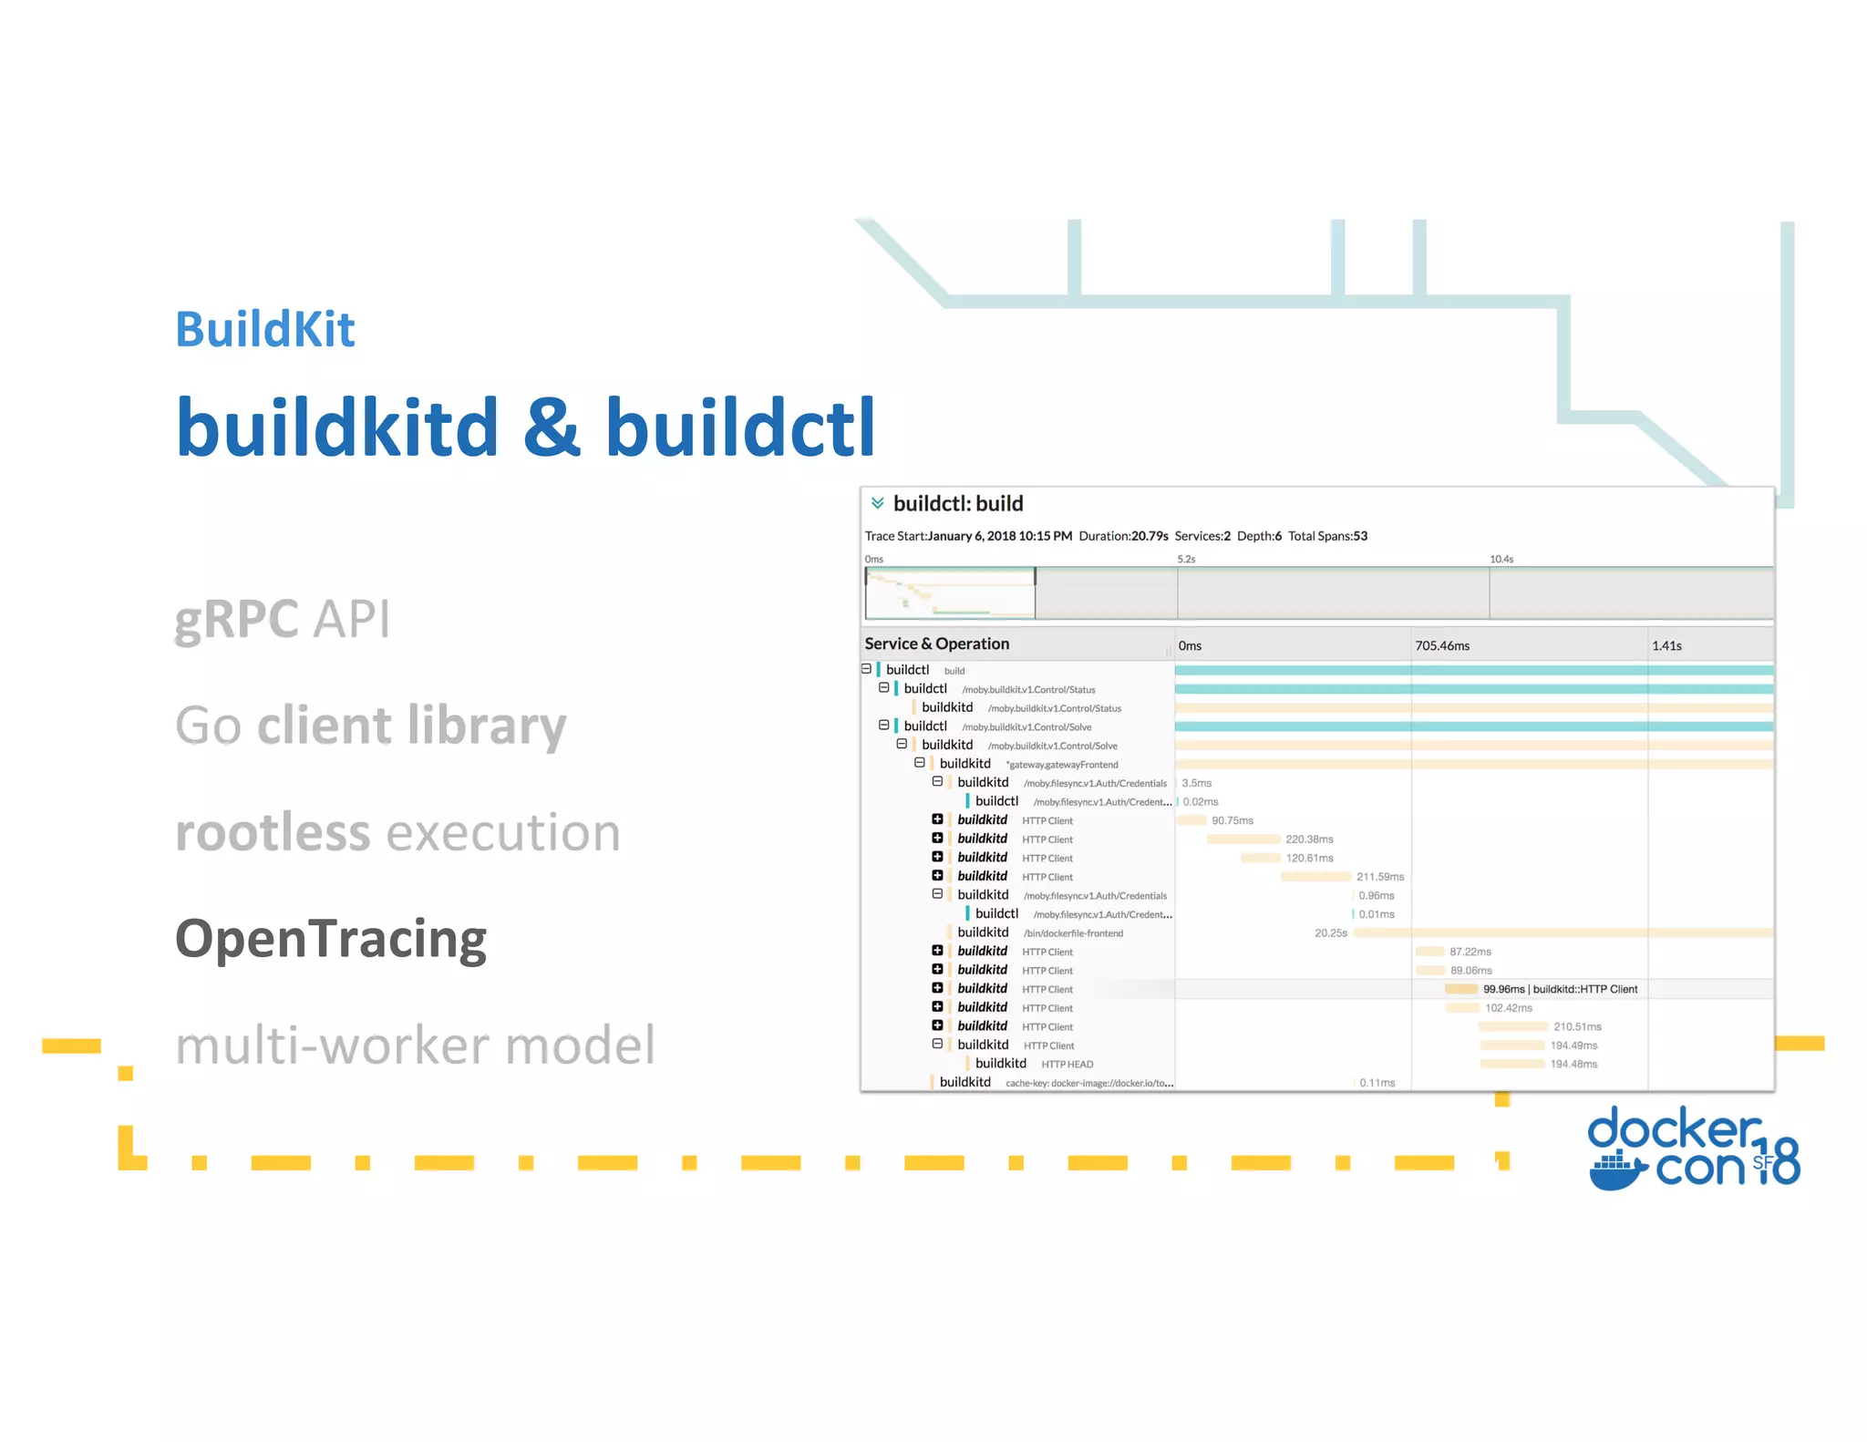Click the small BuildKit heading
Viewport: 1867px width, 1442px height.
(x=264, y=329)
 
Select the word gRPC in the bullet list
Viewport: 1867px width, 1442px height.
(x=236, y=619)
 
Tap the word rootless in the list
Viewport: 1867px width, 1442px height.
(x=273, y=832)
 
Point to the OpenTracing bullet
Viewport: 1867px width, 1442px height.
(x=331, y=939)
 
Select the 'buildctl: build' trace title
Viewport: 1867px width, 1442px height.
(x=958, y=504)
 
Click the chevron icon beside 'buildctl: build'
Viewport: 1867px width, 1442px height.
(x=877, y=503)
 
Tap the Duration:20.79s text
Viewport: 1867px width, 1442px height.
(x=1123, y=536)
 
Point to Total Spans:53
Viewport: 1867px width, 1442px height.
(x=1327, y=536)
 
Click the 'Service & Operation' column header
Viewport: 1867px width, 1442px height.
(x=936, y=644)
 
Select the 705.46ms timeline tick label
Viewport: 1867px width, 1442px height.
(x=1442, y=645)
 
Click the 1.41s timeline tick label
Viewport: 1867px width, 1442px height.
(x=1666, y=645)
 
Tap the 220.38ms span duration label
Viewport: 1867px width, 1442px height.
(x=1309, y=839)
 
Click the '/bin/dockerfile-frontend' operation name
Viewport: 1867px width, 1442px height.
(x=1073, y=933)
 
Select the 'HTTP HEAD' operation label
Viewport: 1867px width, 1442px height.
(x=1067, y=1065)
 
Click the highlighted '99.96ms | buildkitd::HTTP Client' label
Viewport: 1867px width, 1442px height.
(x=1560, y=989)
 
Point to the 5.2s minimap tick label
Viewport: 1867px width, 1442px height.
(x=1186, y=559)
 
